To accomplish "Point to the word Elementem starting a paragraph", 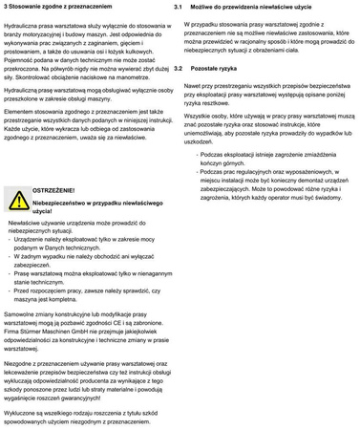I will pyautogui.click(x=23, y=112).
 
